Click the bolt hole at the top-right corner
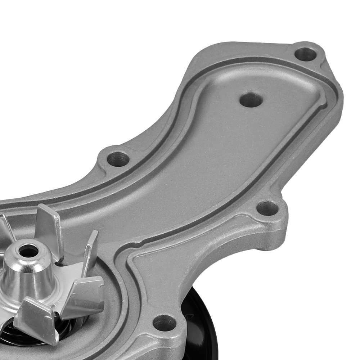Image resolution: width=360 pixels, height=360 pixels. point(305,54)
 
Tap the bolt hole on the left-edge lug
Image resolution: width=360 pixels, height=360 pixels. point(118,158)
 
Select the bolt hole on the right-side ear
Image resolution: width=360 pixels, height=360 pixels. point(267,208)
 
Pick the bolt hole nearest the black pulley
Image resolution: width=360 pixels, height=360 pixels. point(164,322)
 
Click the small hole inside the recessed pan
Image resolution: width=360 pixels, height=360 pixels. point(251,100)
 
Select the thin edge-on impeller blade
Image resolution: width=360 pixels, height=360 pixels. point(90,252)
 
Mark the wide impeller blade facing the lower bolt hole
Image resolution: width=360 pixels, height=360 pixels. point(85,295)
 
